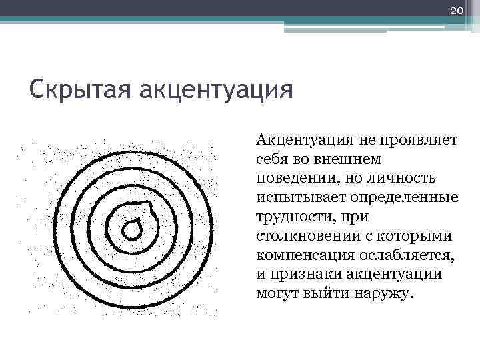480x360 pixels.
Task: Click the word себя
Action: point(273,161)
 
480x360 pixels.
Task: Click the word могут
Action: point(275,293)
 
